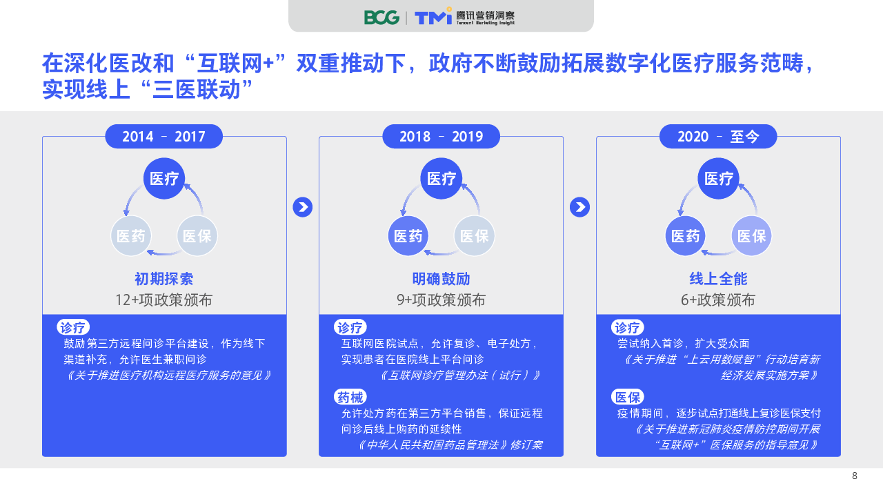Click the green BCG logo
(381, 17)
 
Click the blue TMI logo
(433, 17)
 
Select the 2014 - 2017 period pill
(164, 137)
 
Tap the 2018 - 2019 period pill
(441, 137)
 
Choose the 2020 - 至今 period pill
(718, 137)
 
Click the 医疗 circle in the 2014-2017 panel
(164, 178)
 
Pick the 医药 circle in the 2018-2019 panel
(408, 236)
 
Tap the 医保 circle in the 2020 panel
(751, 236)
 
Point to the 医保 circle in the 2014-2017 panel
(197, 236)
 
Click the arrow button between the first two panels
(303, 207)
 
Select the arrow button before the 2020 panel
(580, 207)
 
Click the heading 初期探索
(164, 279)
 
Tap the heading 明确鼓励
(441, 279)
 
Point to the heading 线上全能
(718, 279)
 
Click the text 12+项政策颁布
(163, 300)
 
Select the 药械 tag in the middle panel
(350, 397)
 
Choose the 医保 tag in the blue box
(628, 397)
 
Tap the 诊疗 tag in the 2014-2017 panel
(73, 327)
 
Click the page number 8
(855, 476)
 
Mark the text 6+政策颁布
(718, 300)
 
